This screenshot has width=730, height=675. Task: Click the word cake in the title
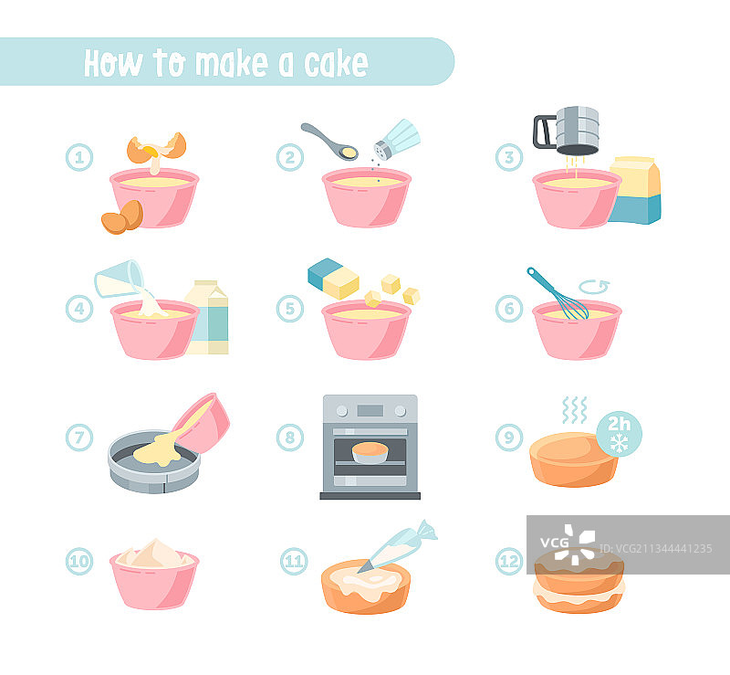pyautogui.click(x=336, y=63)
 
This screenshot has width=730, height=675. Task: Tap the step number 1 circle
pyautogui.click(x=79, y=157)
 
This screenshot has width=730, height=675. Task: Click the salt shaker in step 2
pyautogui.click(x=397, y=139)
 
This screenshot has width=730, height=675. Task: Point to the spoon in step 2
pyautogui.click(x=329, y=142)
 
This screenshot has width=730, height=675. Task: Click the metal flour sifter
pyautogui.click(x=567, y=131)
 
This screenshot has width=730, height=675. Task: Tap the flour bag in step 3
pyautogui.click(x=635, y=190)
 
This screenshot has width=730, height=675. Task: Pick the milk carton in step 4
pyautogui.click(x=208, y=317)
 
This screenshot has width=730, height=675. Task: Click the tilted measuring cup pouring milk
pyautogui.click(x=120, y=279)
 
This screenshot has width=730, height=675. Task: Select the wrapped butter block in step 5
pyautogui.click(x=333, y=279)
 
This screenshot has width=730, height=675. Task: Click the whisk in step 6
pyautogui.click(x=558, y=294)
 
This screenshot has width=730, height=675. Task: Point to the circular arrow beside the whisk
pyautogui.click(x=594, y=287)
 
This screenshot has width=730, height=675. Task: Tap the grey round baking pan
pyautogui.click(x=154, y=461)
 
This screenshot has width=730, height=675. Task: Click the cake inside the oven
pyautogui.click(x=370, y=453)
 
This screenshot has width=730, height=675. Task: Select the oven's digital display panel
pyautogui.click(x=370, y=411)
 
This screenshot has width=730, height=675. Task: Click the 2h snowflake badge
pyautogui.click(x=620, y=434)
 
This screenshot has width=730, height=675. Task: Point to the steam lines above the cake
pyautogui.click(x=575, y=410)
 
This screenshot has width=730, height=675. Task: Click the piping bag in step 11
pyautogui.click(x=397, y=546)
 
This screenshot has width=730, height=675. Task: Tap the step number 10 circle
pyautogui.click(x=79, y=561)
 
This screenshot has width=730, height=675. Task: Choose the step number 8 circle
pyautogui.click(x=290, y=438)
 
